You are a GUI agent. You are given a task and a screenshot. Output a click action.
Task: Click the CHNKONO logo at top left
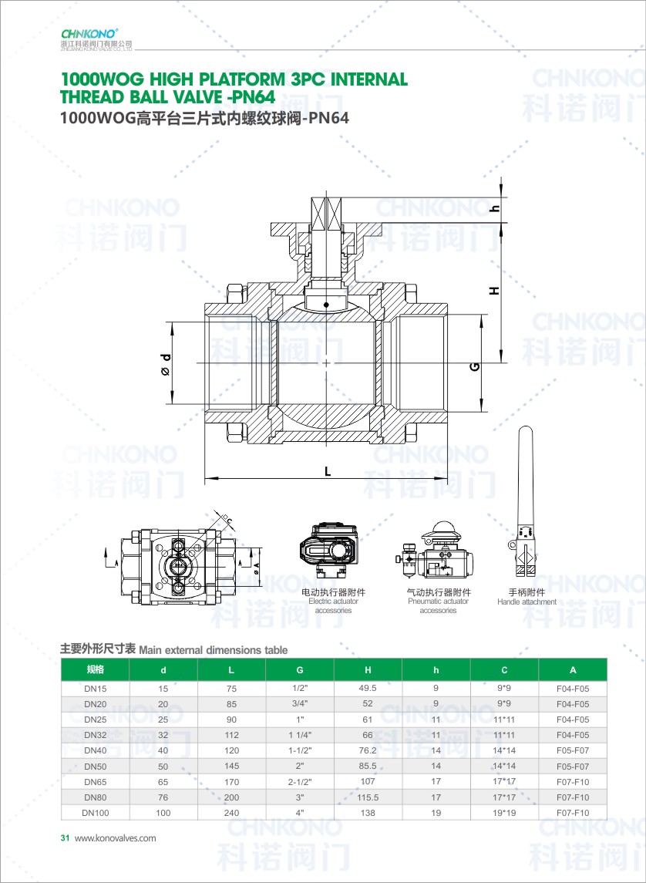click(89, 33)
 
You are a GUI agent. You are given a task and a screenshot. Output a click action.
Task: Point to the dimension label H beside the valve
click(495, 291)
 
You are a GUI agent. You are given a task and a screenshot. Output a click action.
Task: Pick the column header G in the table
click(300, 670)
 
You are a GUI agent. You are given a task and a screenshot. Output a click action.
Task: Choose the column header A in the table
click(572, 670)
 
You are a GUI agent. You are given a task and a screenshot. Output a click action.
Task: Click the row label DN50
click(96, 767)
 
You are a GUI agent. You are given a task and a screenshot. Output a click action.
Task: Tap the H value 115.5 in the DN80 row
click(368, 797)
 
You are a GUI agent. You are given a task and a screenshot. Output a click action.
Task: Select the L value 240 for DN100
click(231, 813)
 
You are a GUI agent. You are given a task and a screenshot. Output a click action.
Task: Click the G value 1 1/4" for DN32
click(300, 735)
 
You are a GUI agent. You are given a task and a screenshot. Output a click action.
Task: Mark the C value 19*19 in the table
click(504, 813)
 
